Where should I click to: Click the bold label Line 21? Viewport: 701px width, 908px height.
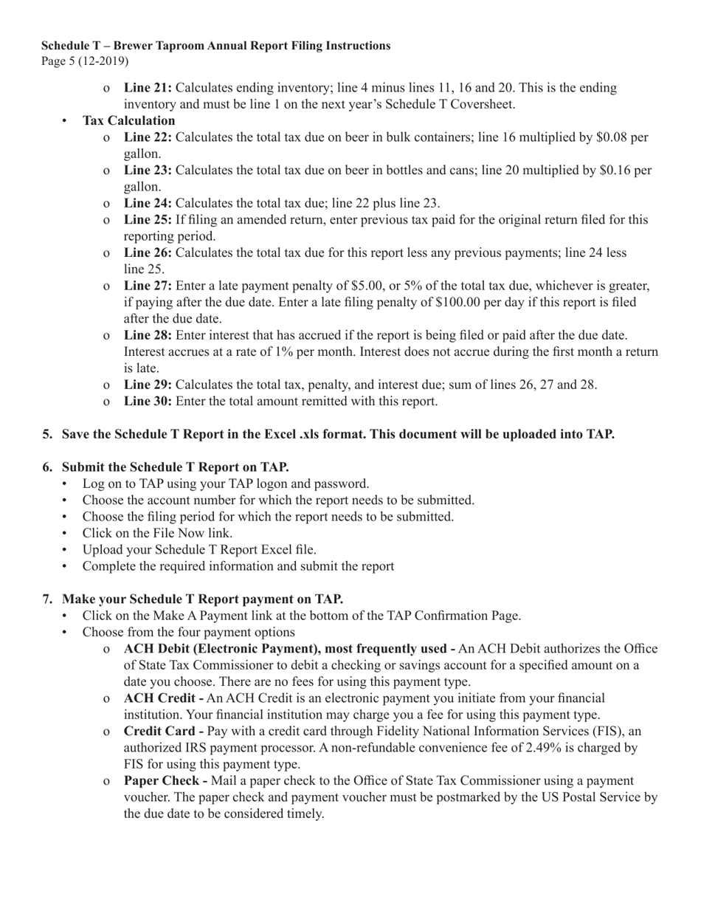click(x=148, y=88)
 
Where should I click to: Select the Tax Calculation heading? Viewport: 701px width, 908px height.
click(x=128, y=120)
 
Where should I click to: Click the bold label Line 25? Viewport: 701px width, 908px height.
click(x=148, y=220)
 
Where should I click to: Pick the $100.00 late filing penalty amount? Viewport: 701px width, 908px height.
click(x=460, y=303)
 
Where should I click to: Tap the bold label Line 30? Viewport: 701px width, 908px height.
click(x=148, y=402)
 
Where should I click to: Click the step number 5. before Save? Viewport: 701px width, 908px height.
click(x=47, y=434)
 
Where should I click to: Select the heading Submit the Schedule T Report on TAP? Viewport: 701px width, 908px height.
click(x=175, y=467)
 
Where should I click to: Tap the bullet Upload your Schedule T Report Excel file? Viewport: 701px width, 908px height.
click(x=199, y=550)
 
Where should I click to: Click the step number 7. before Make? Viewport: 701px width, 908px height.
click(x=47, y=599)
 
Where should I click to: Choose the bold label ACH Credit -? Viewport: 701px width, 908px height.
click(x=164, y=698)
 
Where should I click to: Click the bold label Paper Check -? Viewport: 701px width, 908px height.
click(x=165, y=781)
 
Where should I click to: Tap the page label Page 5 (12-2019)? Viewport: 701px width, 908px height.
click(x=84, y=61)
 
